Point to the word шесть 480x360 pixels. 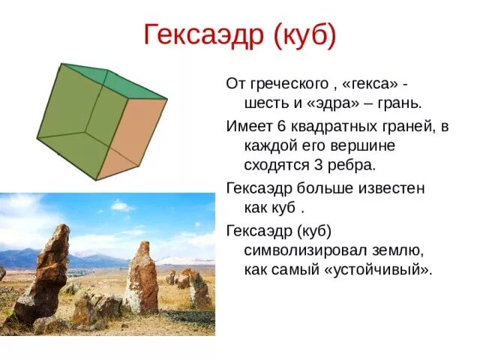coord(266,100)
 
